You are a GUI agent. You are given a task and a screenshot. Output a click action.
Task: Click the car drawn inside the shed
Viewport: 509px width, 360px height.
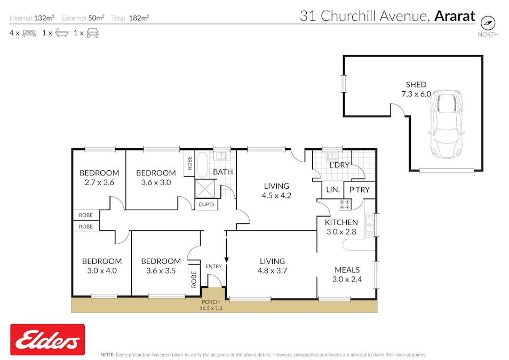click(x=447, y=123)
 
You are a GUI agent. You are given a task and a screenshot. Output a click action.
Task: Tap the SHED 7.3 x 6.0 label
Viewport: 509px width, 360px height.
click(x=416, y=89)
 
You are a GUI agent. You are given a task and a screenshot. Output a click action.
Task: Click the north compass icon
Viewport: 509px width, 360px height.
click(x=488, y=23)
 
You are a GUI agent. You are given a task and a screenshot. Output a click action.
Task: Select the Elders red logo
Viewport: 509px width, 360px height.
click(x=47, y=340)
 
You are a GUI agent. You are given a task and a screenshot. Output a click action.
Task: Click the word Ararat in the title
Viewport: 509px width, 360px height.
click(x=455, y=16)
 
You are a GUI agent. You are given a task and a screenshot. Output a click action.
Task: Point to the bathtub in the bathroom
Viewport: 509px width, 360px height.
click(x=203, y=165)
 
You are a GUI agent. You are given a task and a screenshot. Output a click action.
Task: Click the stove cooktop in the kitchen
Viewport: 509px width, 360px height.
click(x=345, y=205)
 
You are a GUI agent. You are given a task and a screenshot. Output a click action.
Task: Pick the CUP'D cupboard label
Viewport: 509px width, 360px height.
click(x=205, y=204)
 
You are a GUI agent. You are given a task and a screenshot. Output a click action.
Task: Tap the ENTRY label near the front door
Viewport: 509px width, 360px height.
click(x=213, y=266)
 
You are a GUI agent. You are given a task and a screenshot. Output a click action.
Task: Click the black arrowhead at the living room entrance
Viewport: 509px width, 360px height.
click(x=227, y=260)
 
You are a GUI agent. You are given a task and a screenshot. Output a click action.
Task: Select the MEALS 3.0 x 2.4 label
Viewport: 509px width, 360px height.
click(x=347, y=274)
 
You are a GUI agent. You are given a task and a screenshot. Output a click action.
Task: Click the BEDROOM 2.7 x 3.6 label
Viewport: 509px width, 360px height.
click(x=99, y=177)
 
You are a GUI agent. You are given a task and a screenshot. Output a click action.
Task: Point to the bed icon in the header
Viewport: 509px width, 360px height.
click(x=29, y=33)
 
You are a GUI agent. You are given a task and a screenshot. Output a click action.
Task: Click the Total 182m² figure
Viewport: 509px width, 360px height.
click(x=130, y=18)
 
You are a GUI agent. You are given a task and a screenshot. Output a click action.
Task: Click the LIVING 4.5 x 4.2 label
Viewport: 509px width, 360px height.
click(x=276, y=190)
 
